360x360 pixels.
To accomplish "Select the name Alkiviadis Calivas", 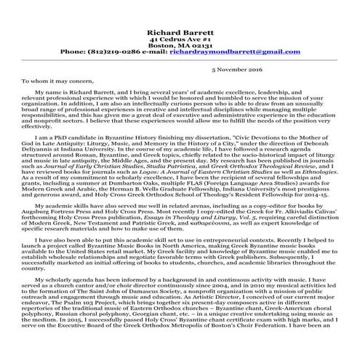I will pyautogui.click(x=313, y=217).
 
